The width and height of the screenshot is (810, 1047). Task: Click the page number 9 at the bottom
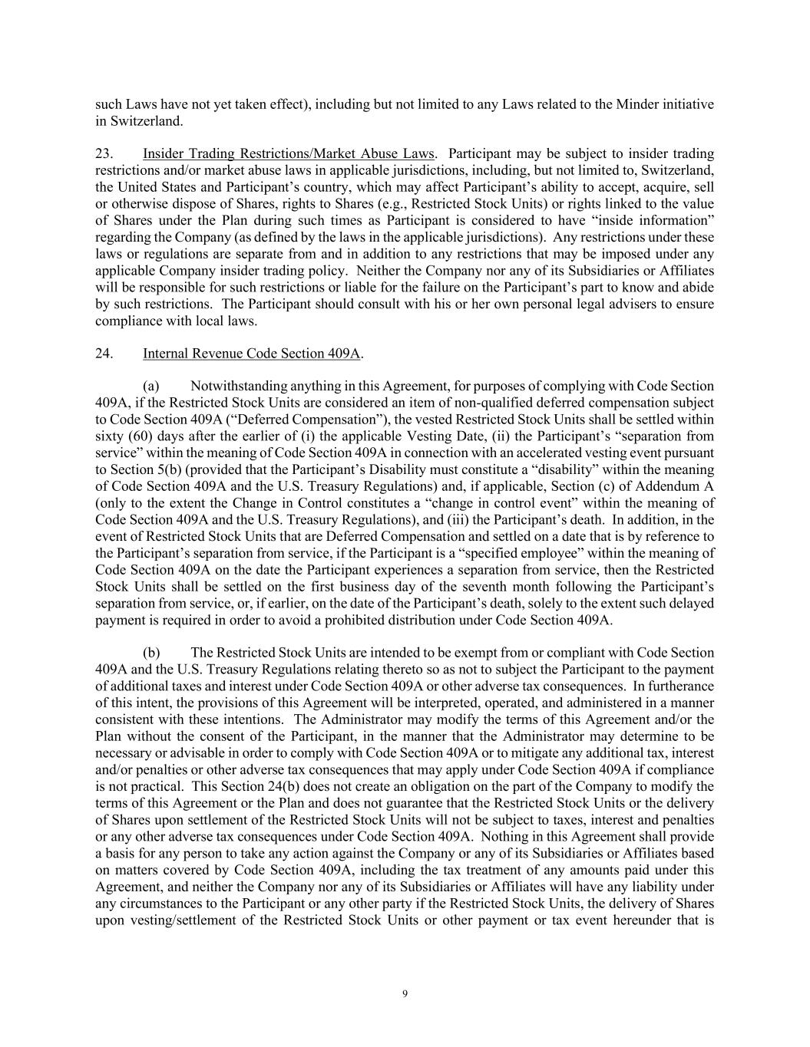(405, 994)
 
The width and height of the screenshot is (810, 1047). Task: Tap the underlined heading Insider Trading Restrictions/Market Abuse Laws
(288, 153)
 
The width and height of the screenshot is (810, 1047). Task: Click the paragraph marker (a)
(151, 386)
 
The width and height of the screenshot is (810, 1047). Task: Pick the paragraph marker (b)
(151, 653)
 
